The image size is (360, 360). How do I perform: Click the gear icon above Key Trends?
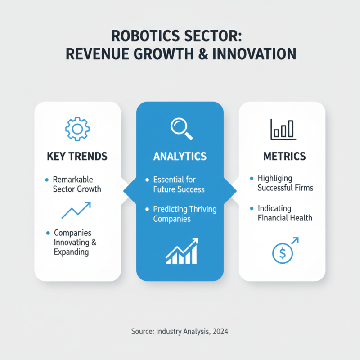click(77, 129)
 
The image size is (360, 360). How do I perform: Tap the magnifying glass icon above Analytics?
click(181, 128)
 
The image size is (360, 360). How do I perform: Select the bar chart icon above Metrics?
click(283, 129)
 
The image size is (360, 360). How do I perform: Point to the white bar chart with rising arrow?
click(181, 252)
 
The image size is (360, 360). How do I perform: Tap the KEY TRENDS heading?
click(77, 157)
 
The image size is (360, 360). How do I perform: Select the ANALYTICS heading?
click(180, 157)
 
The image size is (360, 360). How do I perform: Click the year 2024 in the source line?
click(219, 332)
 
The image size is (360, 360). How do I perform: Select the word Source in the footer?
click(143, 332)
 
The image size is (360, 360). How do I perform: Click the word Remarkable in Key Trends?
click(72, 179)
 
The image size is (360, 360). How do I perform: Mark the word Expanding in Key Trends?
click(71, 252)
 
